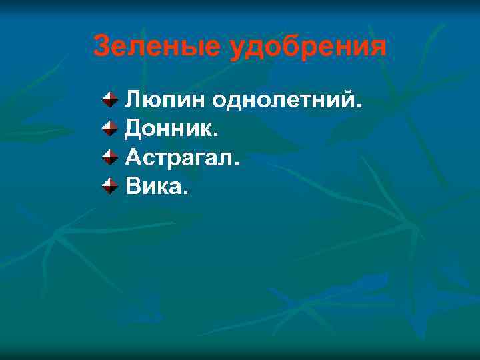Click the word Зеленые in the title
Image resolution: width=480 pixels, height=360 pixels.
[157, 46]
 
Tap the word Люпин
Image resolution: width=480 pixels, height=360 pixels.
[165, 101]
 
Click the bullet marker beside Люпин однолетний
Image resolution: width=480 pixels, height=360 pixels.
[109, 101]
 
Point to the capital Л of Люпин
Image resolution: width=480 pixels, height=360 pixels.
[133, 101]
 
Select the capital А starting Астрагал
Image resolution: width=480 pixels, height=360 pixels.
[133, 157]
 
